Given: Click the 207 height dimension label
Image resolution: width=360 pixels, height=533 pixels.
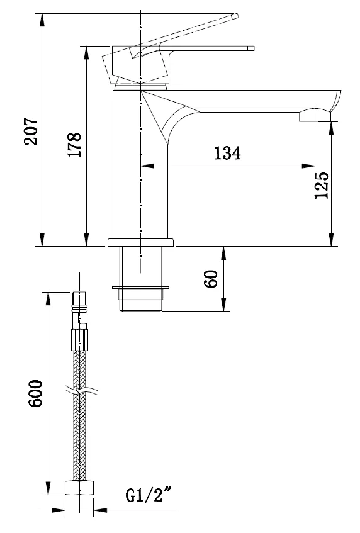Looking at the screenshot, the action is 31,132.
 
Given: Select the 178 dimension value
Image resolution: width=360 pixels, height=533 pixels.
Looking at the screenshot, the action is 75,145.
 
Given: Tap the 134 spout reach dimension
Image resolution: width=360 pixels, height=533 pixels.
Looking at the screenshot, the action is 228,153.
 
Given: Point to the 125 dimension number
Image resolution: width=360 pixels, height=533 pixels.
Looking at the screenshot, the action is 322,185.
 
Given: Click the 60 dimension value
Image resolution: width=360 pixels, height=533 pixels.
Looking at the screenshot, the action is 211,279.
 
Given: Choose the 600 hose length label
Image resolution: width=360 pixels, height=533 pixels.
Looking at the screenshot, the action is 35,393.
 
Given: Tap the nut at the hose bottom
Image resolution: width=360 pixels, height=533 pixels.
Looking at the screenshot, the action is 79,488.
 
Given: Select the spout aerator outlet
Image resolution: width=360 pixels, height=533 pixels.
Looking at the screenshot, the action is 315,116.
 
